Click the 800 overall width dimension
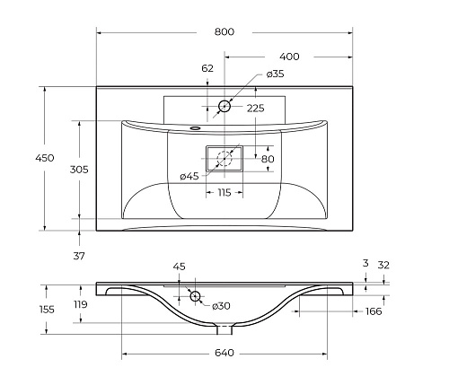tap(224, 31)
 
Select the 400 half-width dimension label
tap(289, 57)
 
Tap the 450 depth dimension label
tap(45, 158)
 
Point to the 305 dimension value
tap(79, 170)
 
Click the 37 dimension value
tap(79, 256)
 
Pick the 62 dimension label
tap(207, 68)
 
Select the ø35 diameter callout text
tap(275, 74)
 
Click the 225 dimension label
tap(255, 109)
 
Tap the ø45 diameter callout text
tap(189, 177)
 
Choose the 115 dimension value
tap(224, 193)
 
